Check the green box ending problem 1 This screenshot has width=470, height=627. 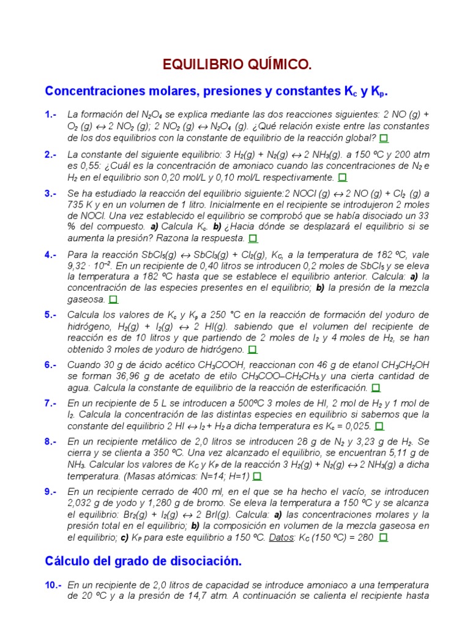(384, 138)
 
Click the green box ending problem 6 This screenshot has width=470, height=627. (376, 388)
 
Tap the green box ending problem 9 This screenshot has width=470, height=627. (384, 537)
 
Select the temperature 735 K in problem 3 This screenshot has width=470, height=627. (80, 205)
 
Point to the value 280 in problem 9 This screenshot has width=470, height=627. (364, 537)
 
